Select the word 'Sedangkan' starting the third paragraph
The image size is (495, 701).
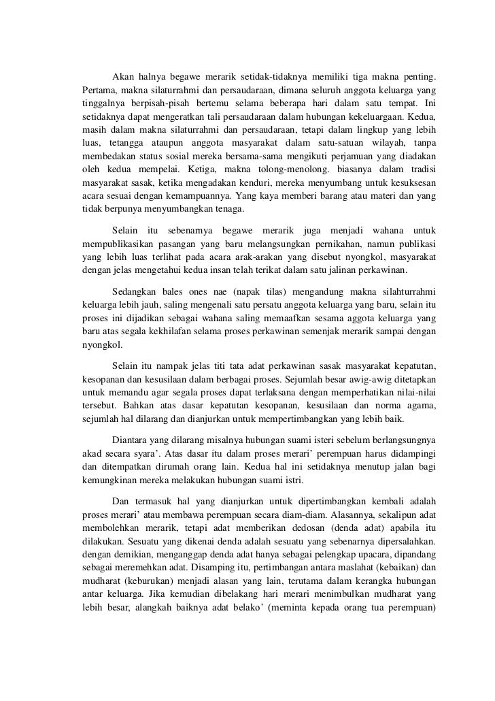tap(135, 290)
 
